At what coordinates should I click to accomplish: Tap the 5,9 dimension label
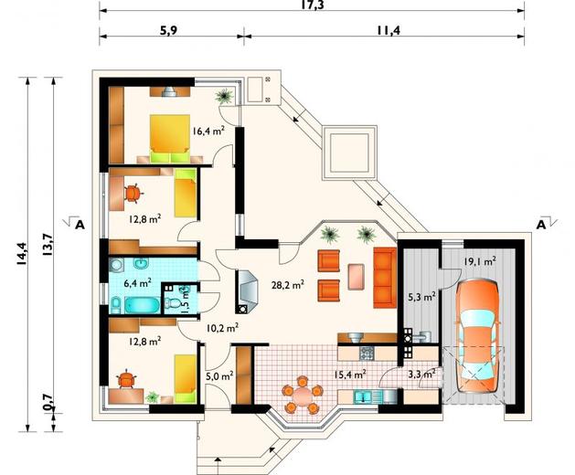[168, 30]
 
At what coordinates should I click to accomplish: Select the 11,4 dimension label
[388, 30]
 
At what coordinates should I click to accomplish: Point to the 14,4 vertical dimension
[21, 253]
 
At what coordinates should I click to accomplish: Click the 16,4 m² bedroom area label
[208, 131]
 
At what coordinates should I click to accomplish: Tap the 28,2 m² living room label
[287, 285]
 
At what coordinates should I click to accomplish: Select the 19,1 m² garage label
[480, 261]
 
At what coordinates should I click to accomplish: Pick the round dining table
[303, 396]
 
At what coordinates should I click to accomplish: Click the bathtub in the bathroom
[143, 306]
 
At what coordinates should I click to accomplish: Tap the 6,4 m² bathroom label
[137, 283]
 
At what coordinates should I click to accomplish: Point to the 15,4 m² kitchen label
[349, 375]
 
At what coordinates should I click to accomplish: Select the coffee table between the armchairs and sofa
[356, 277]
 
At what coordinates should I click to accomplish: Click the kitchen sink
[363, 396]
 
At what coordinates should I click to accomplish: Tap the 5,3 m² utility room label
[421, 297]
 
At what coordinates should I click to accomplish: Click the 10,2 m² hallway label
[222, 328]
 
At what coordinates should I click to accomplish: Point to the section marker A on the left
[80, 225]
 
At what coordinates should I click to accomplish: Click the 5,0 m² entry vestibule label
[219, 375]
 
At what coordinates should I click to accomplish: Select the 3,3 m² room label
[421, 375]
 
